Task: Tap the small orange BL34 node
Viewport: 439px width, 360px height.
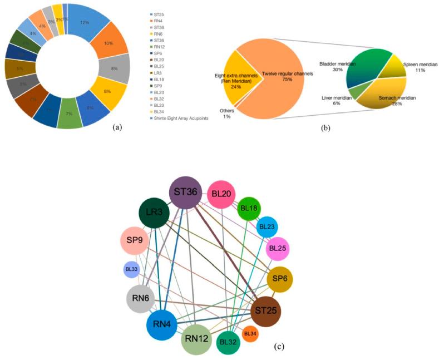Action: point(250,334)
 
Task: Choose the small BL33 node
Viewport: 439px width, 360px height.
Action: point(131,269)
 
